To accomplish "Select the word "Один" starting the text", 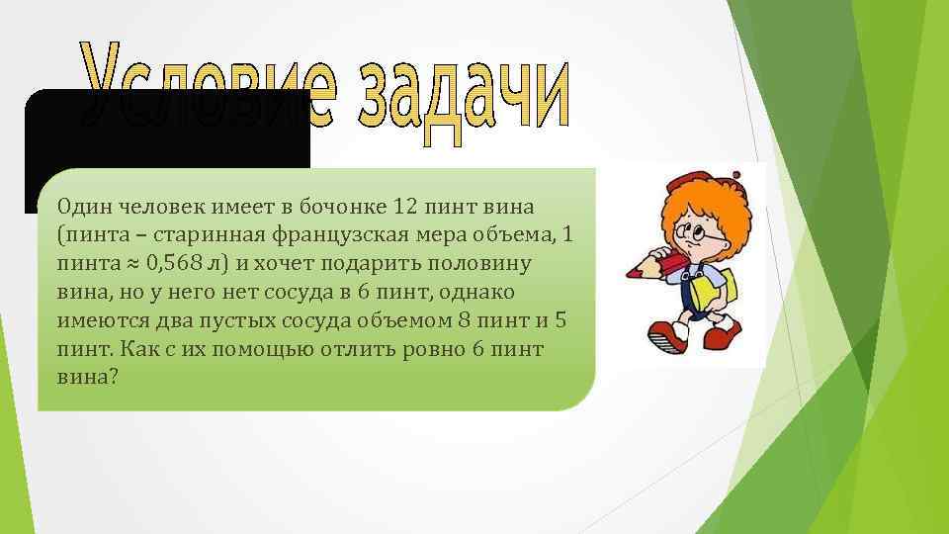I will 84,207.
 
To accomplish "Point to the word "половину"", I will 488,265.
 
